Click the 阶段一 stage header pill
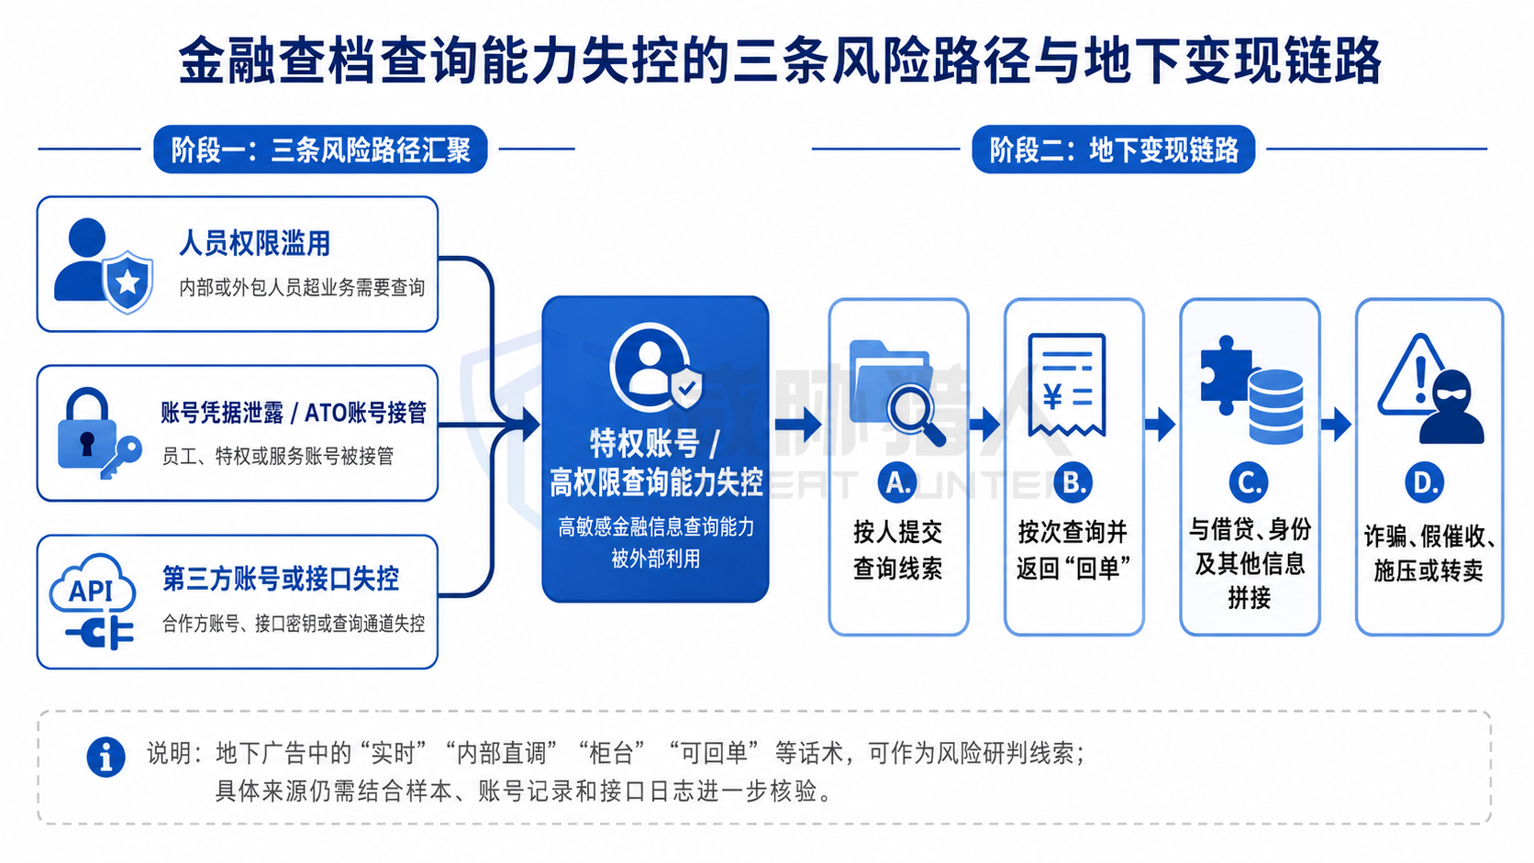320,149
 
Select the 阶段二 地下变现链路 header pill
1114,149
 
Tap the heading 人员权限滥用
254,243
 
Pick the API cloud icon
93,601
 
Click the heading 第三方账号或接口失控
280,579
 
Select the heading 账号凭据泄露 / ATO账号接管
293,413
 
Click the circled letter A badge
897,483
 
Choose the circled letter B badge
1073,483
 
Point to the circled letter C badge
1249,483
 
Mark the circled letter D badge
1425,483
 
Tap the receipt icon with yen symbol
1067,384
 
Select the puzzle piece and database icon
1251,390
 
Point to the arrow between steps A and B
985,425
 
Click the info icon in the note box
106,757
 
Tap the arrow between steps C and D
1337,425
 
